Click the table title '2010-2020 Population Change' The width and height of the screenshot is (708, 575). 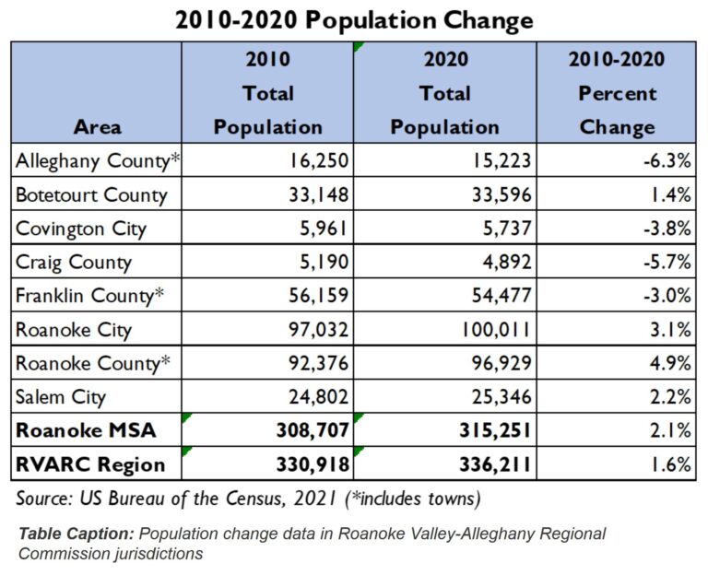[353, 19]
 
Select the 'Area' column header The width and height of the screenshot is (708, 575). [98, 127]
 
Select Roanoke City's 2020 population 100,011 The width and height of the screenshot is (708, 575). [487, 330]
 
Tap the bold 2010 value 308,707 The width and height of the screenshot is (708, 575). [313, 430]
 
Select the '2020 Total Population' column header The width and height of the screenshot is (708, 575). [444, 93]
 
